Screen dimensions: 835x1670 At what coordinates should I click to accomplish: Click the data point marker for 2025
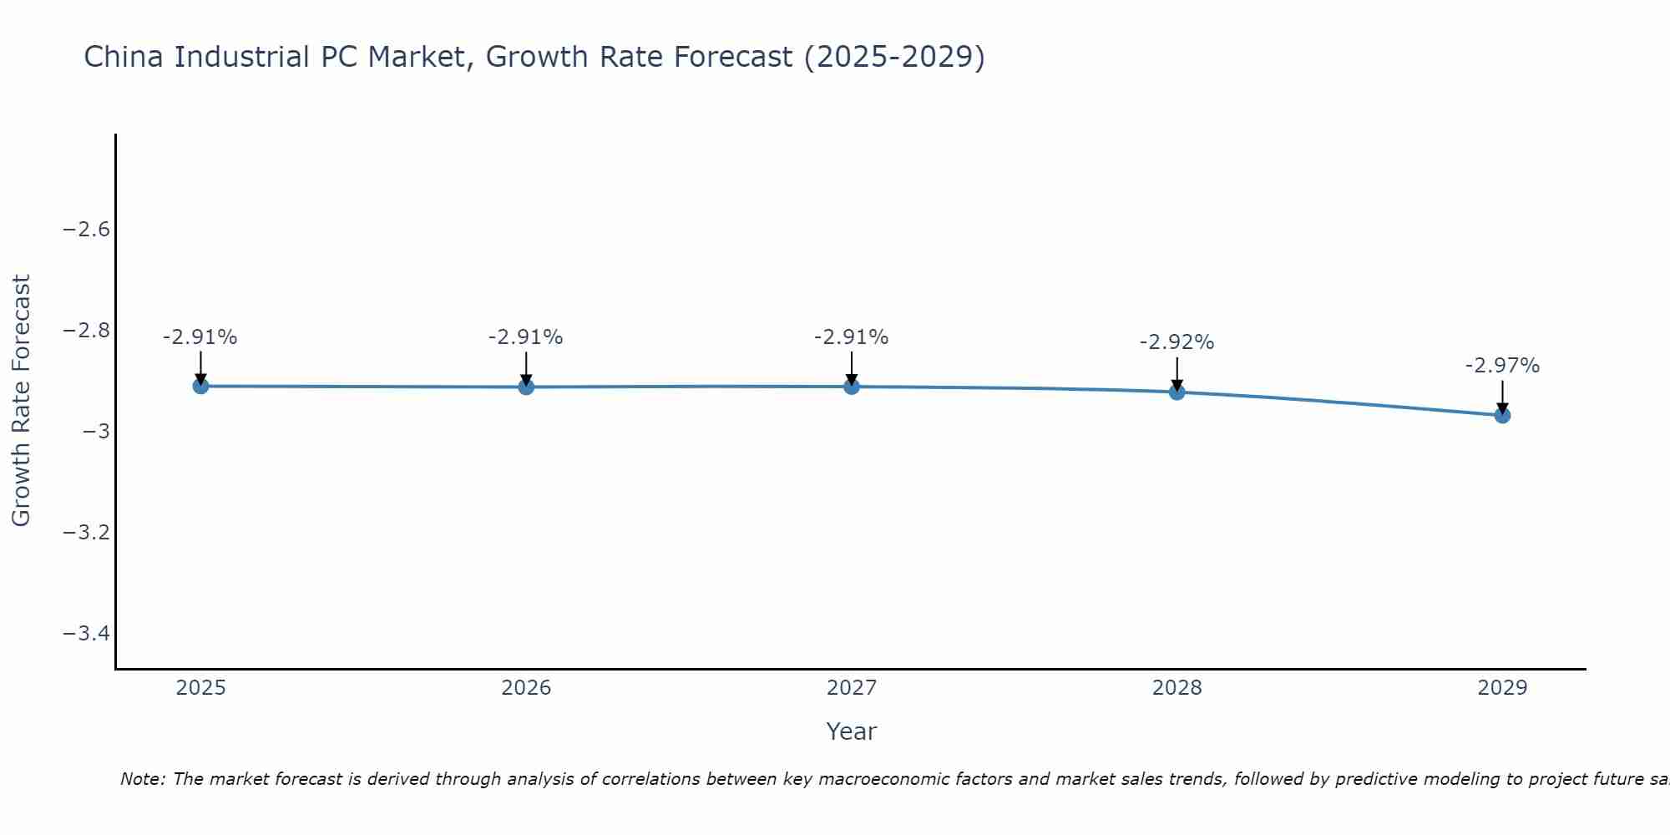coord(200,386)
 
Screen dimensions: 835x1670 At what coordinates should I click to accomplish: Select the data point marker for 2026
coord(526,387)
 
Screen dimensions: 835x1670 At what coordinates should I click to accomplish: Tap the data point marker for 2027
coord(852,387)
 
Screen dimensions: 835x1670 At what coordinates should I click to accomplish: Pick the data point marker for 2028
coord(1177,392)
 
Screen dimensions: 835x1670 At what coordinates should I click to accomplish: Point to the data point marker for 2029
coord(1502,415)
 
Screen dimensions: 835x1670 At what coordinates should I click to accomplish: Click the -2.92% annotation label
coord(1177,342)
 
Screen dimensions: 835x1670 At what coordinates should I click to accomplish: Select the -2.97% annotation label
coord(1502,366)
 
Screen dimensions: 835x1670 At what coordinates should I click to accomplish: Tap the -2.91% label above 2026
coord(526,337)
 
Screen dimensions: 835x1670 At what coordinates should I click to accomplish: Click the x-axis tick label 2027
coord(852,688)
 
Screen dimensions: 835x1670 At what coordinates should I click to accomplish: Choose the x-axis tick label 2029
coord(1502,688)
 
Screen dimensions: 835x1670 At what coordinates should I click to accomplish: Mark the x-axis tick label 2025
coord(201,688)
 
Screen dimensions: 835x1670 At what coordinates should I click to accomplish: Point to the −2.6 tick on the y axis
coord(87,230)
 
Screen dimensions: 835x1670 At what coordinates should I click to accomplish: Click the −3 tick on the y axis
coord(96,432)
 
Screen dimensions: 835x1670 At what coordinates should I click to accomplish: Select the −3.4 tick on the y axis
coord(87,634)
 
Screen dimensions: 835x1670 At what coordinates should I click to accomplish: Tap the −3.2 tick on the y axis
coord(87,533)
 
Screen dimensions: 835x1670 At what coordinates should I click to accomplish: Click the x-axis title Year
coord(851,731)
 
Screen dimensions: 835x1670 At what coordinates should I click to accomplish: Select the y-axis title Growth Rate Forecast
coord(21,401)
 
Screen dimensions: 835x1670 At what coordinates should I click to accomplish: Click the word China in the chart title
coord(124,57)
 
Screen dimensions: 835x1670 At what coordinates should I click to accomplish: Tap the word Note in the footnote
coord(143,779)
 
